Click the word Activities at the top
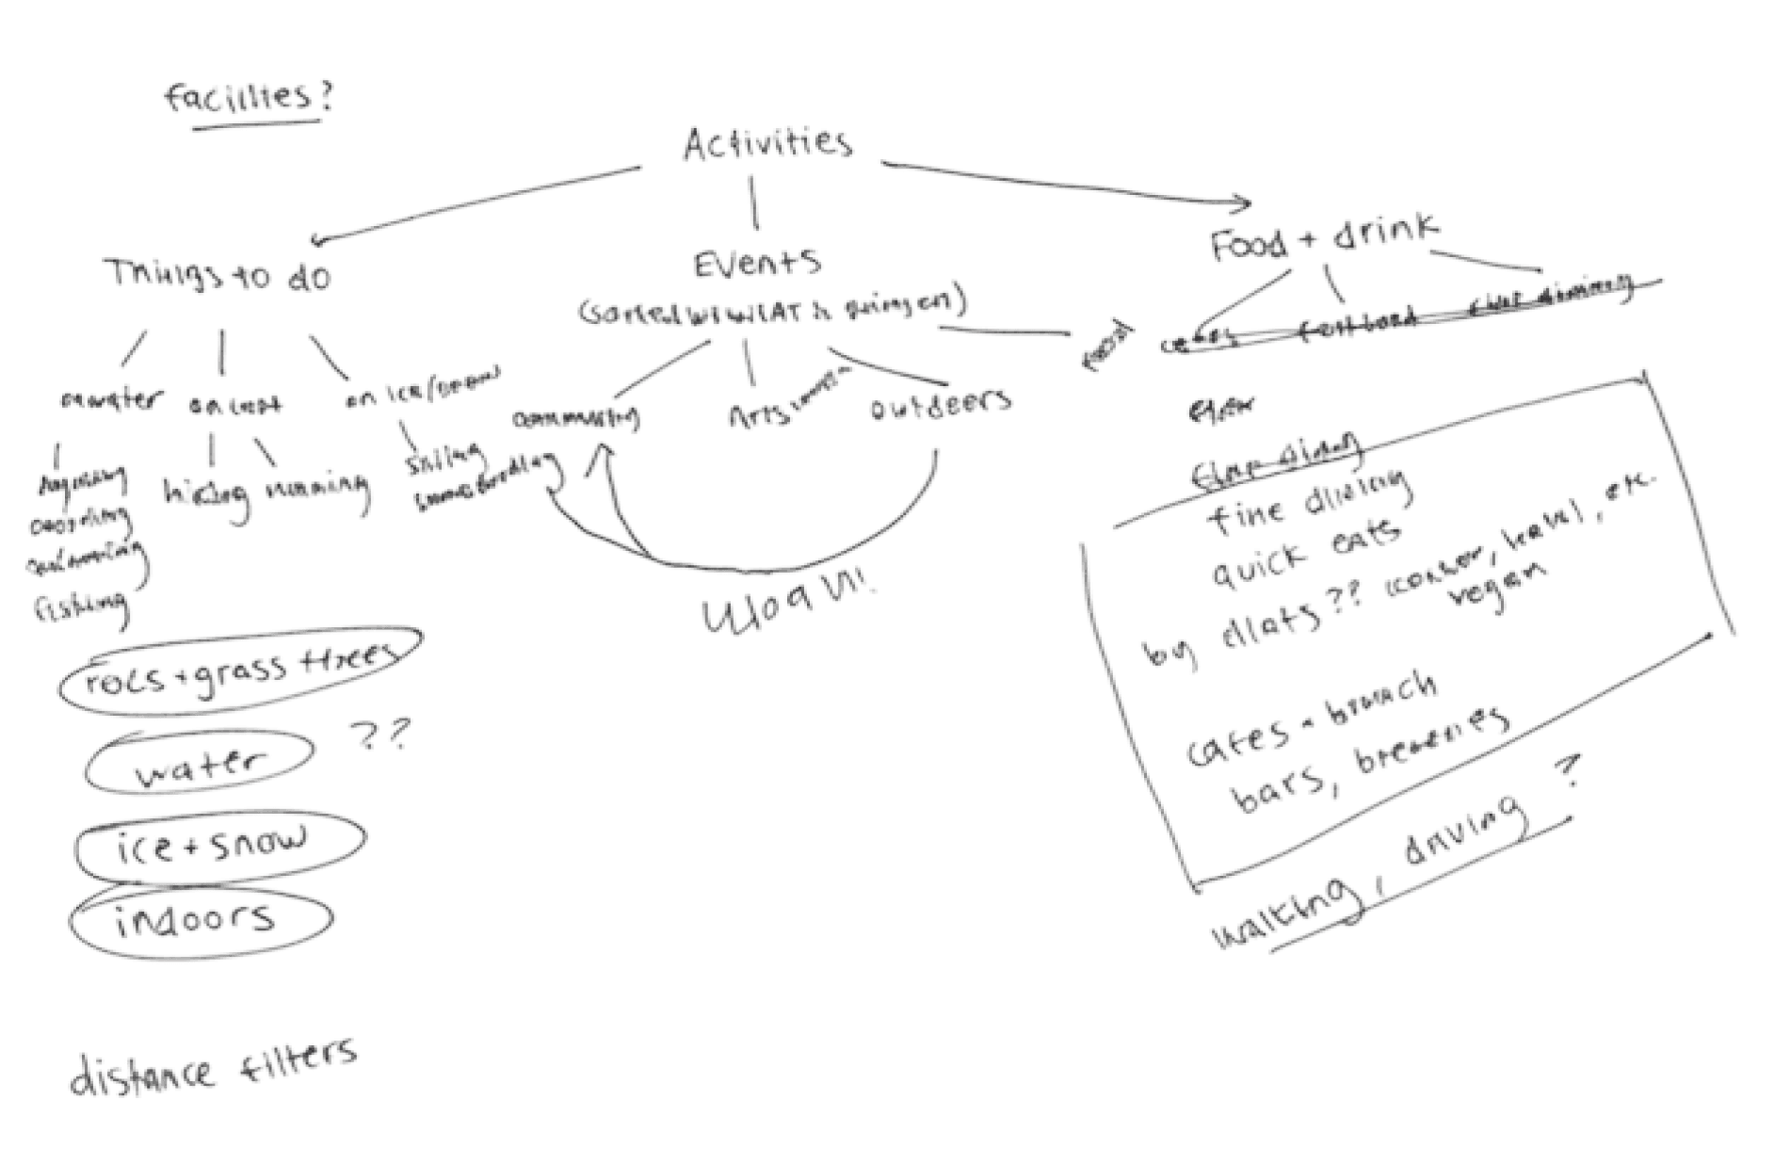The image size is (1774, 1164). pos(767,144)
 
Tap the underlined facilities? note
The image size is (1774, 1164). pos(249,99)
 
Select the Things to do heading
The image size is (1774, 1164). pos(218,276)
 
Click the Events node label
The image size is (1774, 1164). pos(758,264)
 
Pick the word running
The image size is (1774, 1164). pos(316,488)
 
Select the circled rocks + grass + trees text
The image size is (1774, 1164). pos(239,668)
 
